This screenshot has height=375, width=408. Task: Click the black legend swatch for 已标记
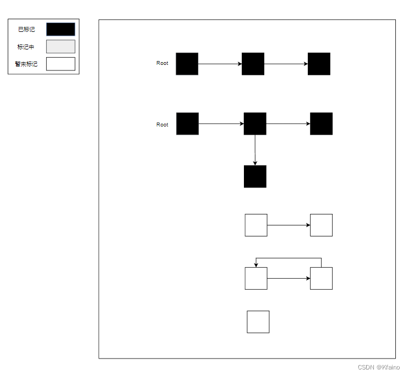tap(61, 29)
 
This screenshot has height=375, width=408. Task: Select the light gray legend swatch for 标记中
tap(61, 47)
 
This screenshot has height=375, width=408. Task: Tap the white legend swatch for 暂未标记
tap(61, 64)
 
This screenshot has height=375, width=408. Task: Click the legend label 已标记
tap(26, 30)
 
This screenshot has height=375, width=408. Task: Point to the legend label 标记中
tap(26, 47)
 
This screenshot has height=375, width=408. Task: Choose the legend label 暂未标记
tap(26, 64)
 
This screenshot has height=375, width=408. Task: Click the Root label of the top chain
tap(162, 63)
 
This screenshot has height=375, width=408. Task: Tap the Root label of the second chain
tap(162, 125)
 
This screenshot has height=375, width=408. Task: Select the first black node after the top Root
tap(187, 64)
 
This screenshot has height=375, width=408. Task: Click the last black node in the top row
tap(319, 64)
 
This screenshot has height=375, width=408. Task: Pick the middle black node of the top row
tap(253, 64)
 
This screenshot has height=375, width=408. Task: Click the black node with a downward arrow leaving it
tap(255, 124)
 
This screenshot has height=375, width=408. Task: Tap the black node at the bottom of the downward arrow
tap(255, 177)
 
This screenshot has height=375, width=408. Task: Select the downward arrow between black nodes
tap(255, 150)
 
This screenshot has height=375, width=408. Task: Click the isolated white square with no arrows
tap(258, 322)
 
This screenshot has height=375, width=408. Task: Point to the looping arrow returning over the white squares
tap(289, 258)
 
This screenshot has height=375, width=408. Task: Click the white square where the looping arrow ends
tap(256, 278)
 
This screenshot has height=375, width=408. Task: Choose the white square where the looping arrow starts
tap(321, 278)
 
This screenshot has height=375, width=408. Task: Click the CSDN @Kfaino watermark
tap(379, 367)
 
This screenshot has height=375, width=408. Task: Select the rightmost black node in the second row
tap(321, 124)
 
